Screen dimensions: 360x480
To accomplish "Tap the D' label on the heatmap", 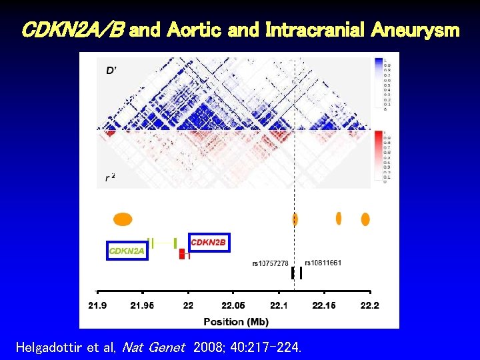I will click(x=111, y=69).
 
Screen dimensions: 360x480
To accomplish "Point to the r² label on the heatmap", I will click(x=110, y=177).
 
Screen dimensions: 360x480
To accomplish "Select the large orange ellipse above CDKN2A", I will click(x=123, y=219).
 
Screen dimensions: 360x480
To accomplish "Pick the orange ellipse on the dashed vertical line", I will click(x=295, y=219).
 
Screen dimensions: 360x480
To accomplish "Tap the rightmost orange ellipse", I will click(x=365, y=219).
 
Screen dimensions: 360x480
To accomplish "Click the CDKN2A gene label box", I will click(x=127, y=251).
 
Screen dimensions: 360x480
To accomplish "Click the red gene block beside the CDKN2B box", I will click(x=181, y=254).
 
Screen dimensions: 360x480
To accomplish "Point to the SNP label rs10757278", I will click(x=270, y=263).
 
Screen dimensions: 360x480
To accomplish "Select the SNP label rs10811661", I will click(x=323, y=263).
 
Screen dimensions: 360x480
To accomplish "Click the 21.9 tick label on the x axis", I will click(x=97, y=305).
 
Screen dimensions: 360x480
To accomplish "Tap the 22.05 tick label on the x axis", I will click(x=233, y=305).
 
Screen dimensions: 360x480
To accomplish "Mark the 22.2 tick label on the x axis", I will click(x=369, y=305).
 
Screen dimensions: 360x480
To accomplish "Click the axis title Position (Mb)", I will click(x=236, y=321).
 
